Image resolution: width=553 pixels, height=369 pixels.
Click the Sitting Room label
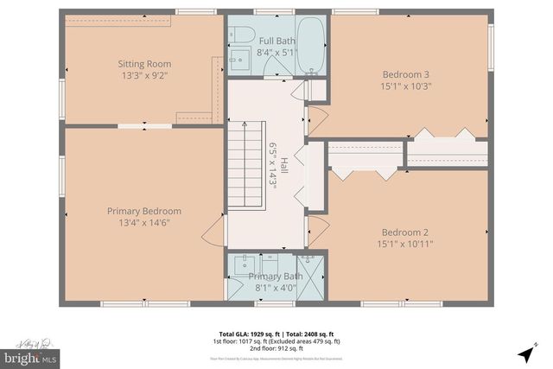(x=144, y=63)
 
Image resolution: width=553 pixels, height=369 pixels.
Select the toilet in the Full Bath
(x=244, y=36)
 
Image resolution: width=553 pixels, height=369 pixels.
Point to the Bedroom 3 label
(x=405, y=73)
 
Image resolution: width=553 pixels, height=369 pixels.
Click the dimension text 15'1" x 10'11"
(x=405, y=244)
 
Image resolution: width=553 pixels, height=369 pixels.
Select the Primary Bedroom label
(x=144, y=211)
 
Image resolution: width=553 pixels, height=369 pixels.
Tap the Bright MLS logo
(x=30, y=354)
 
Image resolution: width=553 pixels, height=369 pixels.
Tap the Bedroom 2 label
(x=405, y=232)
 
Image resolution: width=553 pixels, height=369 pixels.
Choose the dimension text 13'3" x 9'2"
(x=144, y=75)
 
